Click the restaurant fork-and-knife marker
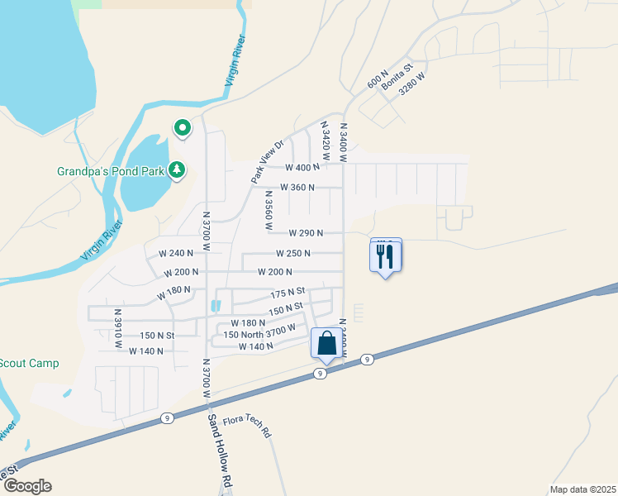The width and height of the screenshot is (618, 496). pos(385,255)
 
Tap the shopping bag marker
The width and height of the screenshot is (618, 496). pos(326,343)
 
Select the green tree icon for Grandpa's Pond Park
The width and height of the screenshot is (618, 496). pos(176,170)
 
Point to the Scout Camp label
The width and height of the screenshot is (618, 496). pos(31,363)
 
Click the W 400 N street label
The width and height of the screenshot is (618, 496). pos(300,167)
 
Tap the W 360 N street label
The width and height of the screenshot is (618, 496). pos(297,187)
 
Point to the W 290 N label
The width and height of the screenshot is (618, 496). pos(306,233)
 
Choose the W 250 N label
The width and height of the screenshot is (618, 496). pos(293,253)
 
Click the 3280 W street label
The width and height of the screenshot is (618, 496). pos(411,86)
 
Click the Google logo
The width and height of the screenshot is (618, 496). pos(26,486)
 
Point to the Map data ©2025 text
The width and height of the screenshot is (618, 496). pos(582,489)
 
